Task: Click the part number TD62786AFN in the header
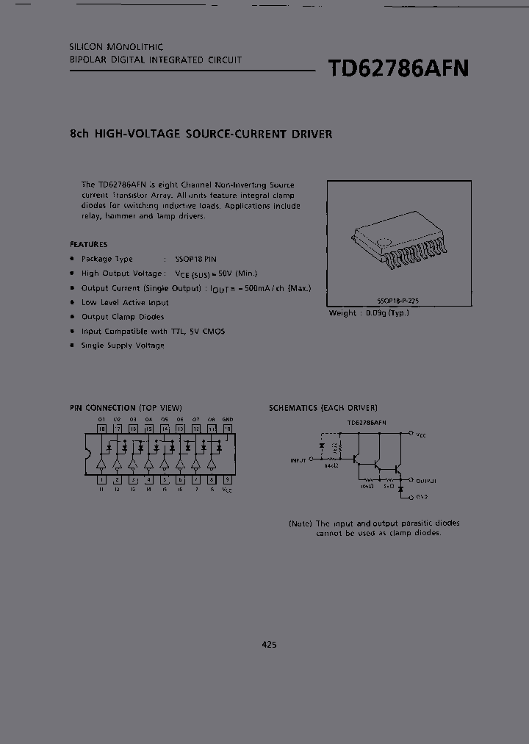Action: click(x=397, y=68)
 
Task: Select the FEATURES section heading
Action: click(x=89, y=244)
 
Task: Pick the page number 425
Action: click(x=269, y=645)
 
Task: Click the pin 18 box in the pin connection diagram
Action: click(x=102, y=428)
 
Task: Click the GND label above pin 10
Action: click(x=227, y=419)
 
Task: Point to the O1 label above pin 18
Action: click(x=102, y=419)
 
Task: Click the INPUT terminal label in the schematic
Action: click(x=298, y=460)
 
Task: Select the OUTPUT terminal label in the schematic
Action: click(x=426, y=480)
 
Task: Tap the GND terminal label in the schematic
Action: click(x=422, y=497)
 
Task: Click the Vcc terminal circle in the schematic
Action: click(x=411, y=434)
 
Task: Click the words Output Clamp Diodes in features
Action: click(x=123, y=317)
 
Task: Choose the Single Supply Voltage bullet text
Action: click(x=123, y=346)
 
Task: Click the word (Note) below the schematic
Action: click(x=301, y=523)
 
